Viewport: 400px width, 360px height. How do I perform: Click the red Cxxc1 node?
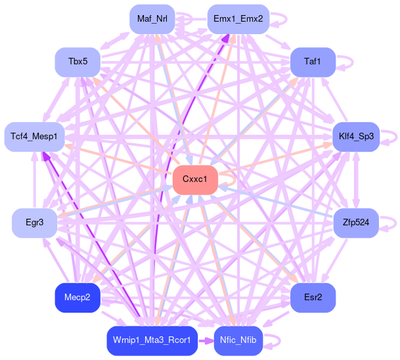click(195, 179)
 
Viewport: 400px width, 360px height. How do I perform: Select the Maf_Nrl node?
click(152, 18)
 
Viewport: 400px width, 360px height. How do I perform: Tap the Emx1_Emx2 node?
click(238, 18)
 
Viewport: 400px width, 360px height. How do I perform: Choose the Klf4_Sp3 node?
click(356, 137)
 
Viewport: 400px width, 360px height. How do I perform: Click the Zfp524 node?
click(356, 223)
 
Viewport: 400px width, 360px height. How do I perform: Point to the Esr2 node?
click(313, 298)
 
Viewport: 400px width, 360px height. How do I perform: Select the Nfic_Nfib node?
click(238, 340)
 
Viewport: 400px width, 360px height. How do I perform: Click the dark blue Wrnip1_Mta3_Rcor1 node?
click(152, 340)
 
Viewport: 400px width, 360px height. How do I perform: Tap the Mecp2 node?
click(77, 298)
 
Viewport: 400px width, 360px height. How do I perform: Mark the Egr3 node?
click(34, 223)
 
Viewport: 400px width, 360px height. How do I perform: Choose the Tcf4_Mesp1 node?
click(34, 137)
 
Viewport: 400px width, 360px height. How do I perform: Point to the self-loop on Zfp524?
click(389, 223)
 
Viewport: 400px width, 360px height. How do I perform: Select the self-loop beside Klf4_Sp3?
click(390, 137)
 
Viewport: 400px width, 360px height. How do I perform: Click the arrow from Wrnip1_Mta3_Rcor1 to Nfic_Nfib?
click(206, 340)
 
